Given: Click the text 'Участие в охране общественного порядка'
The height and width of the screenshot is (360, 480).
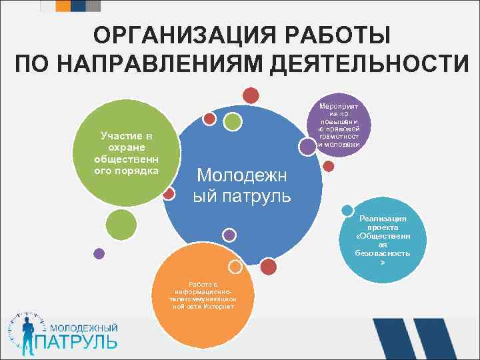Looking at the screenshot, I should click(127, 153).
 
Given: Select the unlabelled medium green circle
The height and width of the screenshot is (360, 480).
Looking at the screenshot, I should click(121, 224).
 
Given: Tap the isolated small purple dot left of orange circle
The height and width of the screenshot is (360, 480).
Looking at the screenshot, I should click(99, 253).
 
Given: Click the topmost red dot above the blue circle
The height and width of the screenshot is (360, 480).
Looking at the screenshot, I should click(251, 96).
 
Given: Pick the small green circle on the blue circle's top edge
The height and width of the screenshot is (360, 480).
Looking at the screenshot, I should click(231, 121).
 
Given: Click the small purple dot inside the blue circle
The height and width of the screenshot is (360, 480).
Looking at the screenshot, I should click(229, 235).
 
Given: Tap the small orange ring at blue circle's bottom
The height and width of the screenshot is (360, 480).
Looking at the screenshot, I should click(234, 266).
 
